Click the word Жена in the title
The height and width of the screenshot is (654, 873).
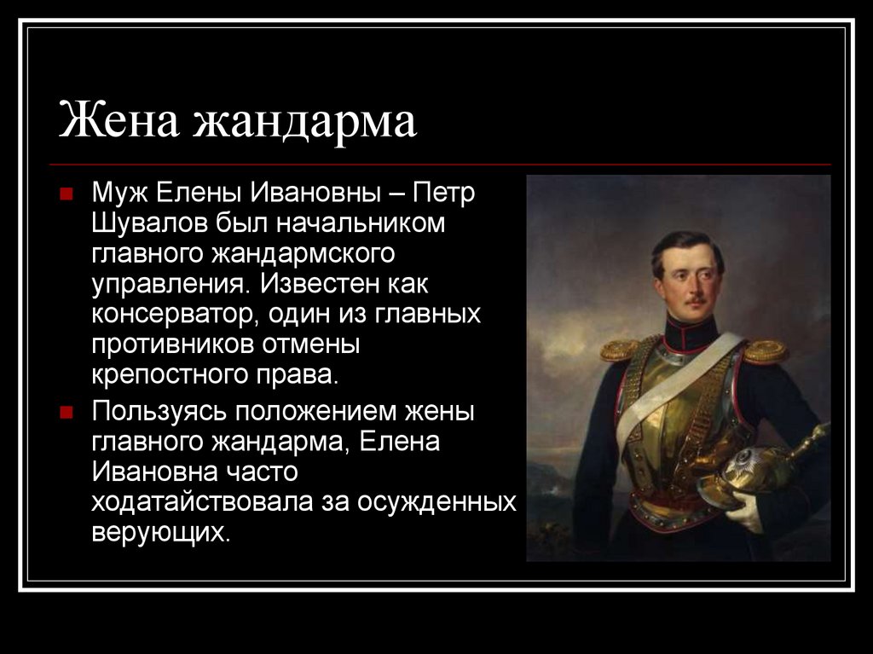coord(119,120)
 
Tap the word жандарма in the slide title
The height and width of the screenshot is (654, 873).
coord(304,122)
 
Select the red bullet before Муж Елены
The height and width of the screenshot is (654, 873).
coord(66,194)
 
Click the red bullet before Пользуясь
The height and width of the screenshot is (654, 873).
coord(66,412)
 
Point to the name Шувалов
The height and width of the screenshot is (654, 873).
coord(149,223)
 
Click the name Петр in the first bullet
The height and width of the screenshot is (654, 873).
coord(443,194)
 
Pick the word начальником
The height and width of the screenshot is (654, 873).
coord(361,223)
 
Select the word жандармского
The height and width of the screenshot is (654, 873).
coord(303,253)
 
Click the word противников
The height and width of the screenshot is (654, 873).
coord(172,344)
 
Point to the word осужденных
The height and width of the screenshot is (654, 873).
coord(436,502)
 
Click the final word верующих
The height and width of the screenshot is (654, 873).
coord(160,533)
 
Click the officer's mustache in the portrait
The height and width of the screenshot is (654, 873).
coord(695,301)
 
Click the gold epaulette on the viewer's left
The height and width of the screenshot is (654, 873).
coord(618,350)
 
